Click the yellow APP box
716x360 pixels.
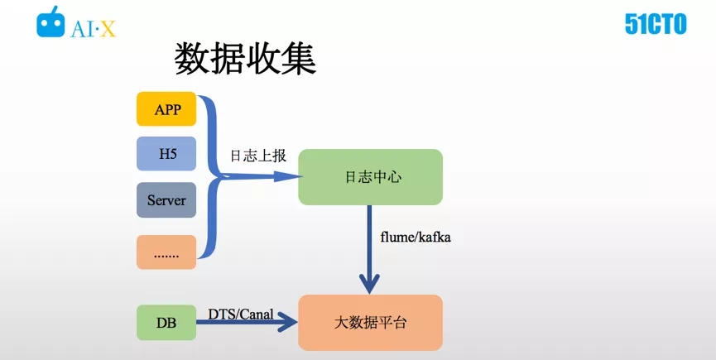[166, 109]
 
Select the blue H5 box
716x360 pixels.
[166, 153]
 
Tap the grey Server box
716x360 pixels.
[166, 199]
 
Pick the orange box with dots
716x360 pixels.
[166, 252]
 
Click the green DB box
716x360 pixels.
[166, 323]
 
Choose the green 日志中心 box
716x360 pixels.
[370, 177]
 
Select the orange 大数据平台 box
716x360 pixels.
[370, 323]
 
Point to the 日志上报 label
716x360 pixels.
[258, 156]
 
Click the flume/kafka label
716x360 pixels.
[415, 238]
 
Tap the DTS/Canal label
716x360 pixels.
[241, 314]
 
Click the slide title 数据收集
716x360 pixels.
[245, 59]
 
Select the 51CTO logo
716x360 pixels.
[656, 24]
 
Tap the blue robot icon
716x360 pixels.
[50, 22]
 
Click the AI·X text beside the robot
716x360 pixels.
[94, 29]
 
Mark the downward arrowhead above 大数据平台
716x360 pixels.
[369, 283]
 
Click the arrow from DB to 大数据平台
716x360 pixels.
[247, 322]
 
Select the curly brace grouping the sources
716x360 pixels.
[211, 176]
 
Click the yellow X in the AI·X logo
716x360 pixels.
[108, 30]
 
